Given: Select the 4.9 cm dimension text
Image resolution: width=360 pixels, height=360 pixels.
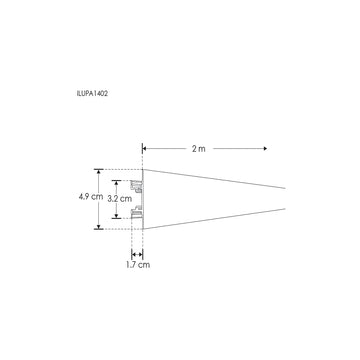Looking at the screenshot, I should click(90, 197).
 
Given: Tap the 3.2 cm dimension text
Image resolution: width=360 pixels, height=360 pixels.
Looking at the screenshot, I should click(120, 198).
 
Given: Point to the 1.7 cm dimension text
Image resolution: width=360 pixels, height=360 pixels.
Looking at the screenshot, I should click(138, 265).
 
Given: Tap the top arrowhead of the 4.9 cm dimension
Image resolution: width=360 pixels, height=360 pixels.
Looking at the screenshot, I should click(98, 171).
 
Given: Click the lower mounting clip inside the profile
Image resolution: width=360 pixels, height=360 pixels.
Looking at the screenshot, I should click(137, 214).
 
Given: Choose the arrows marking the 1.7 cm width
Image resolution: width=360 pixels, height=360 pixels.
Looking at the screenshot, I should click(138, 252).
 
